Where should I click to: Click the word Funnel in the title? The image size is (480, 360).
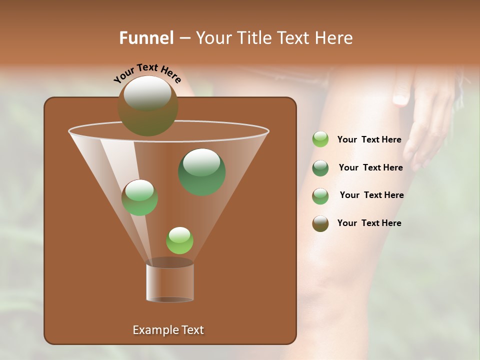point(146,38)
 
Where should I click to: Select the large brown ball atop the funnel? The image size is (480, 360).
point(147,106)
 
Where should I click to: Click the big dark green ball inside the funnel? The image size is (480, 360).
point(201,172)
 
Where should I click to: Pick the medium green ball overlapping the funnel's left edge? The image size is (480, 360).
point(139,197)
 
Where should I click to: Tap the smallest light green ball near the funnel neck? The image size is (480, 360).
point(179,240)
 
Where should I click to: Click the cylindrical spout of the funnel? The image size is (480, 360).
point(170,282)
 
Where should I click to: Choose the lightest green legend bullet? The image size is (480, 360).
point(320,139)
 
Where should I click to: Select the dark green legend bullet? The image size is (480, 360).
point(320,168)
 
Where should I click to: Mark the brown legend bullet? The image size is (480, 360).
point(320,223)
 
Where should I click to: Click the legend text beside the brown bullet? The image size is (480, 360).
point(369,223)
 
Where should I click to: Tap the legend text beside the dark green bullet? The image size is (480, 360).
point(370,167)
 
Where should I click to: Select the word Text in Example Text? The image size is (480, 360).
point(192,330)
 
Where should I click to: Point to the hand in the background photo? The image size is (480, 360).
point(425,120)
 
